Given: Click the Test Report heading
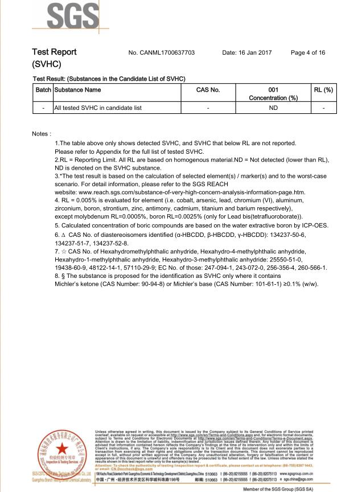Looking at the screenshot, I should (55, 52).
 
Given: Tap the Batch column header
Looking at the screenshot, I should (43, 90).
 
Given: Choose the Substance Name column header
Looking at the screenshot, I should (77, 90).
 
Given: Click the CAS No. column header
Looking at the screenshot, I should (208, 90).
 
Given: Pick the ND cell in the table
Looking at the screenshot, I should (273, 107).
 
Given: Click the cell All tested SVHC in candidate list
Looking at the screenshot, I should (90, 107).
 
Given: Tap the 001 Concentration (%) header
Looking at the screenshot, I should (273, 94).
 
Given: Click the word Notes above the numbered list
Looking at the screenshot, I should (42, 134).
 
